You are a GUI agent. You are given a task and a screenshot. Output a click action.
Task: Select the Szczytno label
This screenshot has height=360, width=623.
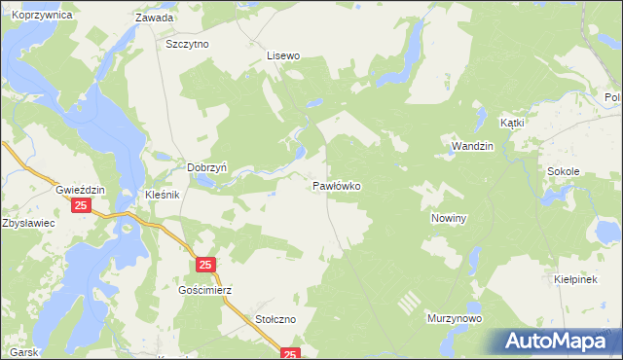(189, 44)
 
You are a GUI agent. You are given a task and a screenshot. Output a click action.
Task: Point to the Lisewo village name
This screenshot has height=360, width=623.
(285, 56)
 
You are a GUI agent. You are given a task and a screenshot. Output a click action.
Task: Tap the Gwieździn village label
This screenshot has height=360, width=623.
(80, 189)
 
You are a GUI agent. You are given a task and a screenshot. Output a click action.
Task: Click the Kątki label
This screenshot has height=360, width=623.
(512, 124)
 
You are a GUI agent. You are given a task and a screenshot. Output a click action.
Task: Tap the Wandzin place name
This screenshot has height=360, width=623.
(473, 146)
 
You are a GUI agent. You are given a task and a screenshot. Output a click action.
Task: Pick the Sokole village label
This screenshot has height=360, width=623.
(564, 171)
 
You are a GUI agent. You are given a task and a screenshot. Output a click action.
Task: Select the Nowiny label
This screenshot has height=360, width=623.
(450, 219)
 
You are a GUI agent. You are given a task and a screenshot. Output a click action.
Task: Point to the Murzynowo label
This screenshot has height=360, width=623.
(455, 318)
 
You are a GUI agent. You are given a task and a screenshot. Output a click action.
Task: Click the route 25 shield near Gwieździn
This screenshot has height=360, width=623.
(81, 206)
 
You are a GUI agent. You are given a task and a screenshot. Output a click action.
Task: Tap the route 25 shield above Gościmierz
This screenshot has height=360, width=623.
(204, 265)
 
